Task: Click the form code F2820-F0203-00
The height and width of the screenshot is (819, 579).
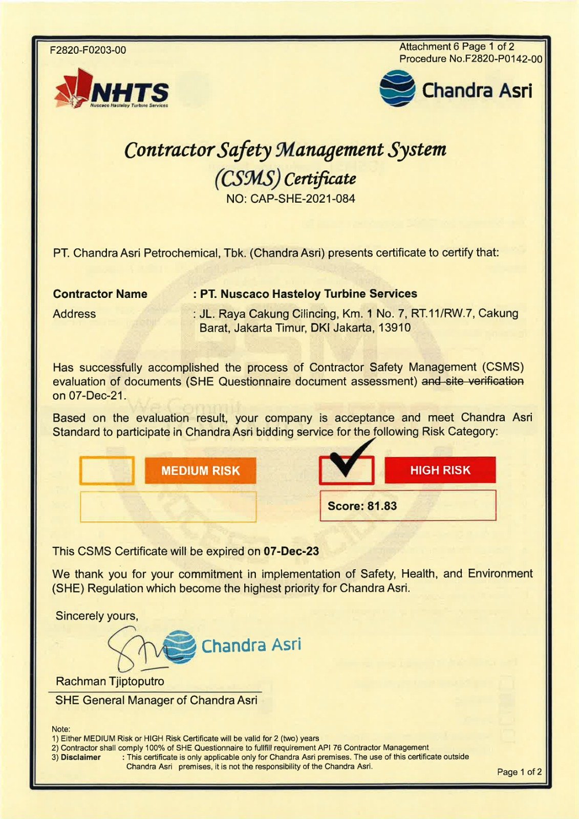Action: (88, 50)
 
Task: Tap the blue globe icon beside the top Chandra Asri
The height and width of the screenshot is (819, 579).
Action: (397, 89)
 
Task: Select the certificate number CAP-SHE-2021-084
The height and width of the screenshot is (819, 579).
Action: (303, 199)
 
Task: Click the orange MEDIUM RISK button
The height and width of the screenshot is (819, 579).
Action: (200, 470)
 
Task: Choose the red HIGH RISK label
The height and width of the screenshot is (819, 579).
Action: (440, 470)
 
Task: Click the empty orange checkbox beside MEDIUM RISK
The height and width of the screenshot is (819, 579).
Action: (107, 470)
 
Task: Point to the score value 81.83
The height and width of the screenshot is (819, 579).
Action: (382, 506)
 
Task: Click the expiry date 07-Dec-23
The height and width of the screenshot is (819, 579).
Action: (291, 551)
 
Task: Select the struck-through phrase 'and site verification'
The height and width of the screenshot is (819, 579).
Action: (472, 381)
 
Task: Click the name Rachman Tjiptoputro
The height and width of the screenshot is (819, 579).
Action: (110, 681)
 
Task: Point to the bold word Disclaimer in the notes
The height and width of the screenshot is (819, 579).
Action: (80, 757)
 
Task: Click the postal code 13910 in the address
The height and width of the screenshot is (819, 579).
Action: (394, 328)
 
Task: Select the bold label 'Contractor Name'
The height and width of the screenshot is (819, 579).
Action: (100, 294)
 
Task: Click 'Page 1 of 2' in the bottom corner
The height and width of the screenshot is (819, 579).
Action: (519, 772)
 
